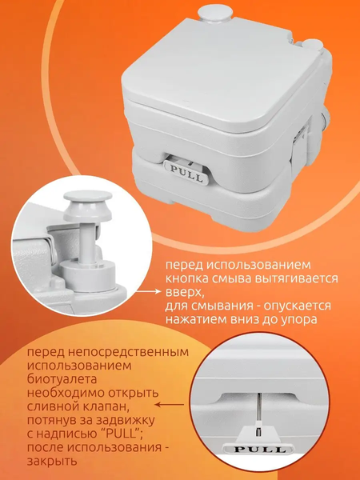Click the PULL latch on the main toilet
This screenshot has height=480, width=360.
(x=186, y=172)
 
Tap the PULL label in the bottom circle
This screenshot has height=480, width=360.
(x=259, y=450)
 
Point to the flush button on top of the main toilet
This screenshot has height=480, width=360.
(x=214, y=13)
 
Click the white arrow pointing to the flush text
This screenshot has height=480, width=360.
(x=149, y=292)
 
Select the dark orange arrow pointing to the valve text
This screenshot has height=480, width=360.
(x=170, y=405)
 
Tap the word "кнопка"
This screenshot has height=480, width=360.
(x=186, y=278)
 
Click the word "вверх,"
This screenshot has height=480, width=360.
(x=185, y=293)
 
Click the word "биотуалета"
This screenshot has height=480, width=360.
(x=62, y=379)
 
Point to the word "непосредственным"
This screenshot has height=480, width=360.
(x=128, y=352)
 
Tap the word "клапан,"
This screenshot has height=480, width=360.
(x=99, y=406)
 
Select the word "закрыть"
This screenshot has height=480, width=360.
(x=52, y=461)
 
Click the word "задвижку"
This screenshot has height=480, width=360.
(x=126, y=421)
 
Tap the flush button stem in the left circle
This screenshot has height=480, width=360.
(x=87, y=242)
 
